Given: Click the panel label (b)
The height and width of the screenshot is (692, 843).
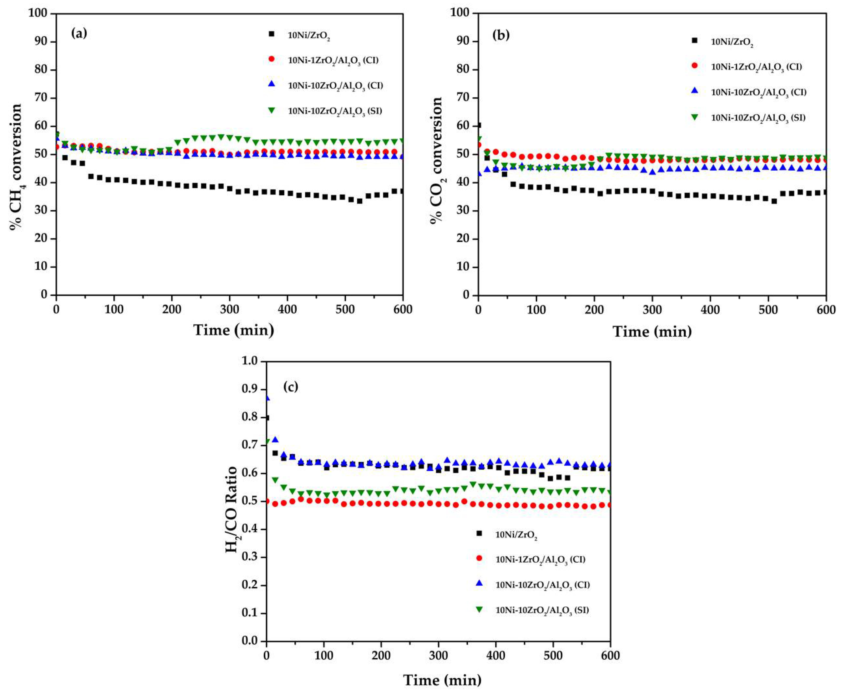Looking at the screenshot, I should point(501,35).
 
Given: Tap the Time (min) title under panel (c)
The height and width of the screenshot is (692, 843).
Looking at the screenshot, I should point(442,680).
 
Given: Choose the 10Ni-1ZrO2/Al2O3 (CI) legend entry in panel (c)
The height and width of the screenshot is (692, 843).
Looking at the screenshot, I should point(540,559).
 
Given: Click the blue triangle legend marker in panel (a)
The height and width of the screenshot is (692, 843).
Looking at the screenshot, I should point(272,84).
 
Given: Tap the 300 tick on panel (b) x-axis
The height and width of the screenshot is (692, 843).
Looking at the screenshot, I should point(652,310).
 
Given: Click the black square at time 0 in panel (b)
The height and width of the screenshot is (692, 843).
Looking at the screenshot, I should point(479,125).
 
